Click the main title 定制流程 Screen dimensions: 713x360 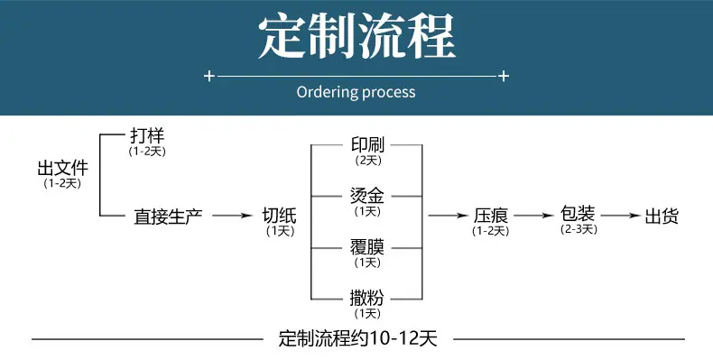tap(357, 36)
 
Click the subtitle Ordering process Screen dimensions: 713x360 tap(356, 92)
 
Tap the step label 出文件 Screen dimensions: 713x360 tap(63, 168)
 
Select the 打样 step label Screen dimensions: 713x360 tap(147, 135)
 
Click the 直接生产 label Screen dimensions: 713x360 tap(168, 217)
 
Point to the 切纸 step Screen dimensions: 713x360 tap(280, 216)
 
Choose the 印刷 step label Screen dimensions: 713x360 tap(368, 145)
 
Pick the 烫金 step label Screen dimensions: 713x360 tap(367, 196)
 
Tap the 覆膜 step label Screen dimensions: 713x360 tap(367, 247)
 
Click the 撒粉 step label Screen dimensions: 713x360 tap(367, 298)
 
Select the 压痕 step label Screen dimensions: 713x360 tap(491, 216)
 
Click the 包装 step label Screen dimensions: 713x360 tap(578, 213)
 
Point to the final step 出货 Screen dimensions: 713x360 tap(662, 216)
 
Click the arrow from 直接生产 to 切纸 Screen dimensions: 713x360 tap(232, 216)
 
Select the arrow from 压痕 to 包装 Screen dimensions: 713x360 tap(534, 216)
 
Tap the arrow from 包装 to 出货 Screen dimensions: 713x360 tap(621, 216)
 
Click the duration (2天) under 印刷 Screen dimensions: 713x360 tap(368, 161)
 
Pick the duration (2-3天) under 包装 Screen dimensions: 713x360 tap(579, 229)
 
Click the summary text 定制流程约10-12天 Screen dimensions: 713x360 tap(358, 338)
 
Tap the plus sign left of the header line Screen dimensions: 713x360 tap(208, 76)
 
